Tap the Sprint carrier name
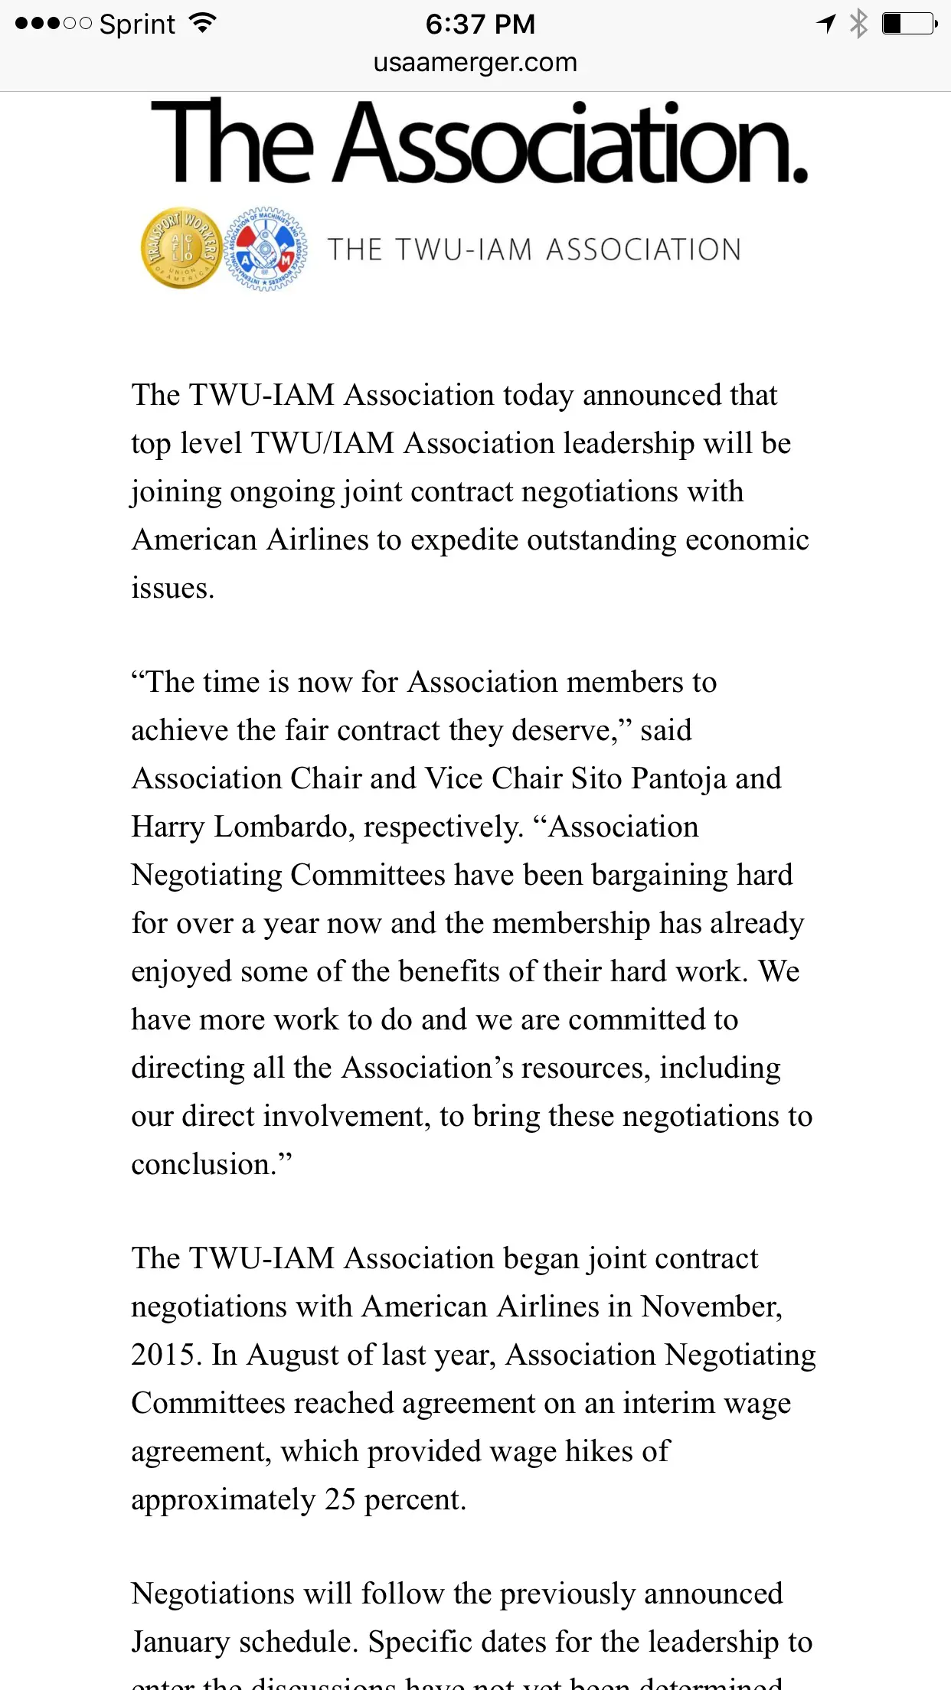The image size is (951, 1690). click(x=137, y=24)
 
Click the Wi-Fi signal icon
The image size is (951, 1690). click(x=202, y=23)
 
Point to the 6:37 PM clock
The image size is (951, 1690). click(x=480, y=24)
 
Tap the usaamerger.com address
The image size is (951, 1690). click(x=475, y=62)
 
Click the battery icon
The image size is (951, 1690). click(x=909, y=24)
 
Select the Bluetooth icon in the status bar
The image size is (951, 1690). click(x=859, y=24)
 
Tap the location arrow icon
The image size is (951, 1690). click(x=825, y=24)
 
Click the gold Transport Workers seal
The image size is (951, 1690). click(x=181, y=248)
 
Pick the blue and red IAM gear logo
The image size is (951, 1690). click(x=266, y=249)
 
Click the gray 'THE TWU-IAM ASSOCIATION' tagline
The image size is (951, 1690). click(x=534, y=250)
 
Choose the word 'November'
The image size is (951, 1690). click(x=711, y=1307)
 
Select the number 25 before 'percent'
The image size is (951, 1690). click(x=340, y=1500)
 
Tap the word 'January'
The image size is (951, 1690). click(x=180, y=1643)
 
